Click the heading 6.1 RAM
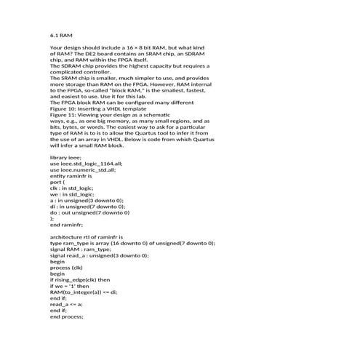[61, 35]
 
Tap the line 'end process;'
[67, 317]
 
